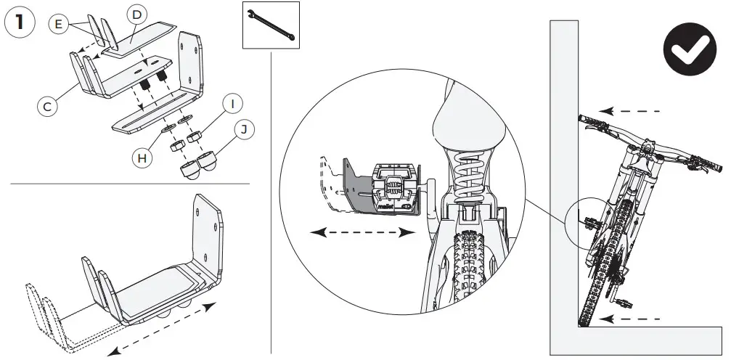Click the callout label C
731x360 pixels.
point(46,105)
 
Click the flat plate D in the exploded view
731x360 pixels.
point(145,40)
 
